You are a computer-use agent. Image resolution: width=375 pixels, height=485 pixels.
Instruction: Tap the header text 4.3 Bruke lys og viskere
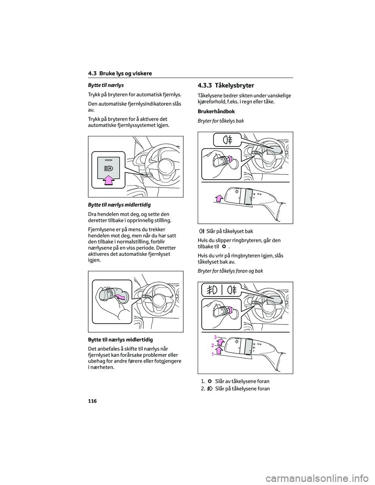click(x=120, y=73)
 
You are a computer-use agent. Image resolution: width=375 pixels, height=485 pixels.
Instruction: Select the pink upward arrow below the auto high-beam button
click(x=109, y=180)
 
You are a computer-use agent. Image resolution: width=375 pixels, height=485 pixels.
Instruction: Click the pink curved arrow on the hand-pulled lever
click(x=121, y=299)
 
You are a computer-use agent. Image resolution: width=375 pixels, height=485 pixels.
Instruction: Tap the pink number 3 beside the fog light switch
click(x=215, y=337)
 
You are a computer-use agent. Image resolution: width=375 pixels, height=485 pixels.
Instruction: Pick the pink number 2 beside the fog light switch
click(x=213, y=345)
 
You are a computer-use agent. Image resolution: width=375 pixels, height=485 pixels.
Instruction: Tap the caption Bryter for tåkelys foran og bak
click(x=230, y=271)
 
